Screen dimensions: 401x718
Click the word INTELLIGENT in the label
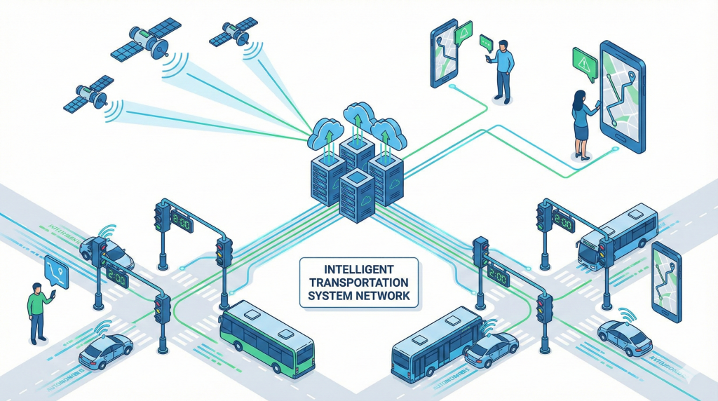pos(358,269)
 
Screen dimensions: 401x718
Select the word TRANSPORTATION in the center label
pos(358,283)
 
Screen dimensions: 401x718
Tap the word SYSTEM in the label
pos(329,296)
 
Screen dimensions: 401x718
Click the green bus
pos(265,338)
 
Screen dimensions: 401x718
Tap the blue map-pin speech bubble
pos(56,271)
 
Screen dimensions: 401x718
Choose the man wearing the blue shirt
pos(502,69)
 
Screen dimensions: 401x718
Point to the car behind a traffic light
pos(109,250)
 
